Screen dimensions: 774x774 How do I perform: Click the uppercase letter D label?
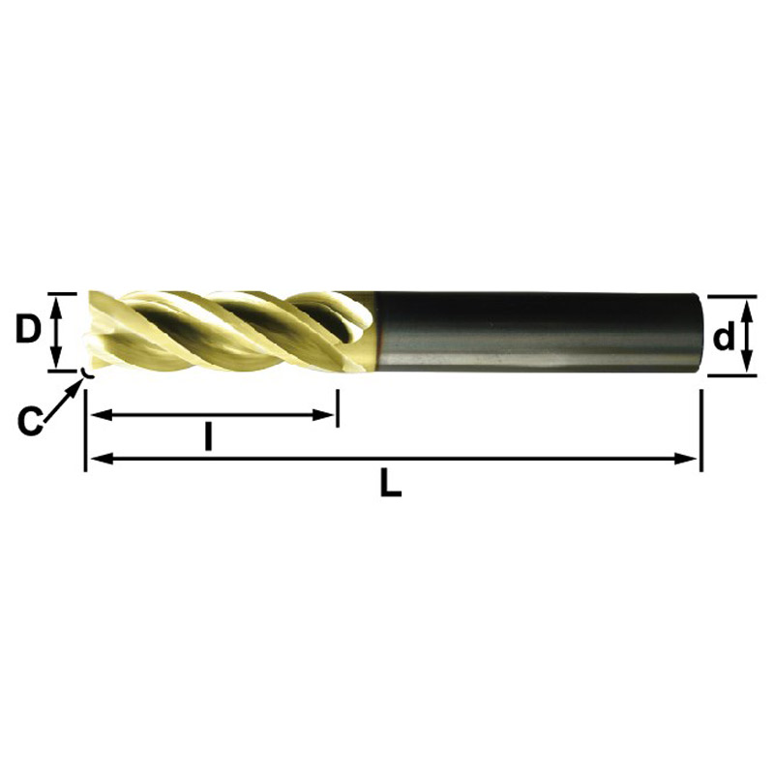pyautogui.click(x=28, y=331)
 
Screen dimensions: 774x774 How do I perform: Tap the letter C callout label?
pyautogui.click(x=31, y=420)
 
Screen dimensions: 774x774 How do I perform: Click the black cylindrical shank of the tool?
pyautogui.click(x=532, y=331)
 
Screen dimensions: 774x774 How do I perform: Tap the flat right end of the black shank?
pyautogui.click(x=699, y=331)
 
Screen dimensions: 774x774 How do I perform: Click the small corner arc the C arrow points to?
pyautogui.click(x=86, y=372)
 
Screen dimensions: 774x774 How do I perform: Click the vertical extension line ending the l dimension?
pyautogui.click(x=337, y=406)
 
